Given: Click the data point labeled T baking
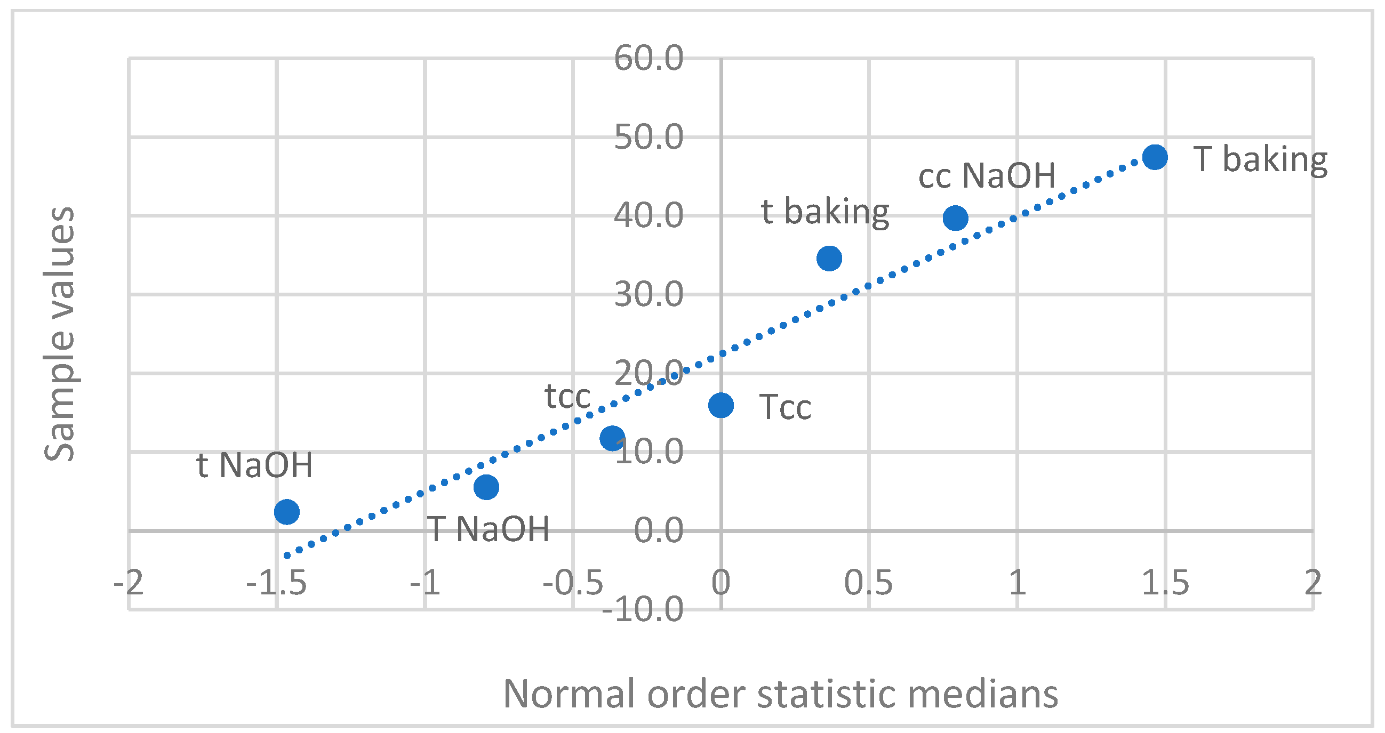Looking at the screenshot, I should pyautogui.click(x=1155, y=157).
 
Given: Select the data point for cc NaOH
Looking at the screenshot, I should pyautogui.click(x=955, y=218).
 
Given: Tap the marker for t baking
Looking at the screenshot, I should pyautogui.click(x=829, y=259).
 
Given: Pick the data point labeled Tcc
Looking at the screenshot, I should pyautogui.click(x=720, y=405).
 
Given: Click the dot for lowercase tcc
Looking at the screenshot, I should pyautogui.click(x=612, y=438).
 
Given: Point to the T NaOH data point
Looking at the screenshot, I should pyautogui.click(x=486, y=487).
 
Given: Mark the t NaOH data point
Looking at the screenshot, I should pyautogui.click(x=286, y=511).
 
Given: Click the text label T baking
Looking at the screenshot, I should pyautogui.click(x=1260, y=159).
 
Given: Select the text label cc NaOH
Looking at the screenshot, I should pyautogui.click(x=986, y=176).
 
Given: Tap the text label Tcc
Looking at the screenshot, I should pyautogui.click(x=784, y=407).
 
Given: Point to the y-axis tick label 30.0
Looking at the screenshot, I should pyautogui.click(x=648, y=295).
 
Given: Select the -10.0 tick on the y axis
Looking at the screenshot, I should pyautogui.click(x=643, y=609).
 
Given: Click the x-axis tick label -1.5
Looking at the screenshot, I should pyautogui.click(x=276, y=583).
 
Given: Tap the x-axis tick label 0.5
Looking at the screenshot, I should pyautogui.click(x=868, y=583).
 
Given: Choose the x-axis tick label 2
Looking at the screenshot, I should pyautogui.click(x=1312, y=583).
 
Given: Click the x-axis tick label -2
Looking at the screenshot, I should pyautogui.click(x=129, y=583).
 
